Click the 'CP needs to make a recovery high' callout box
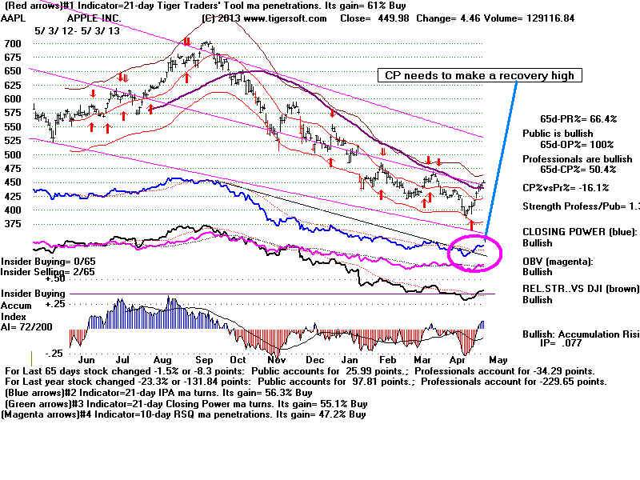pos(479,76)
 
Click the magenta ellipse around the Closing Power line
pos(475,251)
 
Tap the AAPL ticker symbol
pos(18,16)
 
